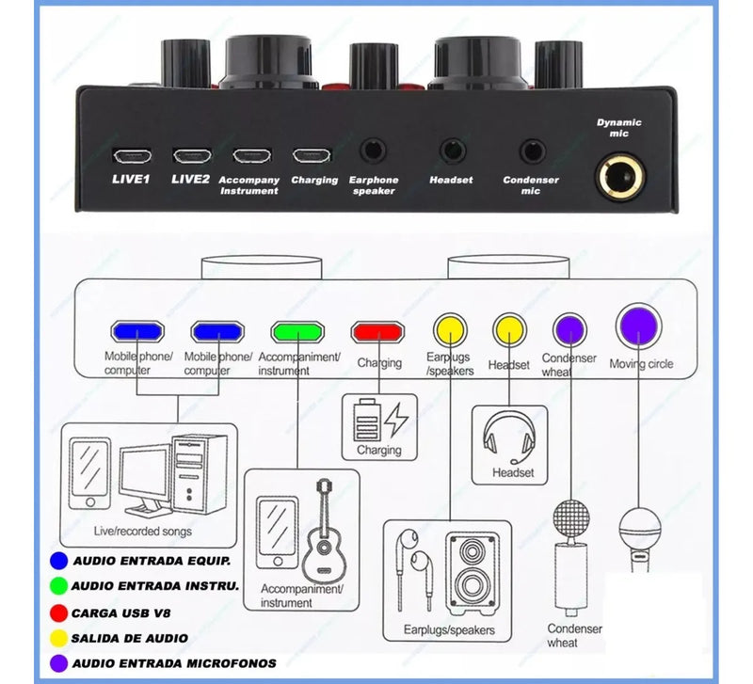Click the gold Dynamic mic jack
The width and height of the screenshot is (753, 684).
[620, 176]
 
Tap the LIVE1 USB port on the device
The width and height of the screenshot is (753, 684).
[132, 155]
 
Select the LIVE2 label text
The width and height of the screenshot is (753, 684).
[191, 179]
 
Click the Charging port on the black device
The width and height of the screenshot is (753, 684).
[312, 155]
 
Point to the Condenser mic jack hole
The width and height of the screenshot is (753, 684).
[533, 151]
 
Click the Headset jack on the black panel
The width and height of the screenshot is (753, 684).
[453, 151]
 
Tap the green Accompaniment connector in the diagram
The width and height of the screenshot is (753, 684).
[297, 332]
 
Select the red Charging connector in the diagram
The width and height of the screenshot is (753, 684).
[377, 332]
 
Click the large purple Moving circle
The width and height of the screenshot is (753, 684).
[639, 326]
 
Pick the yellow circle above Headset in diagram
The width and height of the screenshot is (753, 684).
[509, 330]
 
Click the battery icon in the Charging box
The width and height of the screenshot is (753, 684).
[366, 420]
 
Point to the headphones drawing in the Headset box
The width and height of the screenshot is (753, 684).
[509, 437]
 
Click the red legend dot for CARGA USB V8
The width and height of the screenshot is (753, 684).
[58, 612]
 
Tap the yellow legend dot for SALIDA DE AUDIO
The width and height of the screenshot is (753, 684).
[58, 639]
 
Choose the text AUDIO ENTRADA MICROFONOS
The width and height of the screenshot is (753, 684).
[174, 664]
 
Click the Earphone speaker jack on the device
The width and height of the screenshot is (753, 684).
[373, 151]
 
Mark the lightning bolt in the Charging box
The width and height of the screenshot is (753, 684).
[398, 420]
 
